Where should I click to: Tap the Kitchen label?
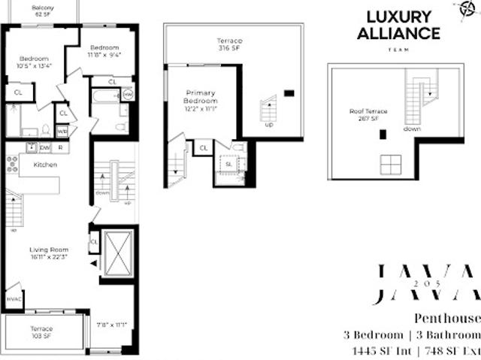45,164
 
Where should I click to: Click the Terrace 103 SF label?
41,332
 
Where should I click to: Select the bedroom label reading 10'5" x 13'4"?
34,62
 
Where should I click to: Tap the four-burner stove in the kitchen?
12,163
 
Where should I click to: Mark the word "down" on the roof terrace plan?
413,129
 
